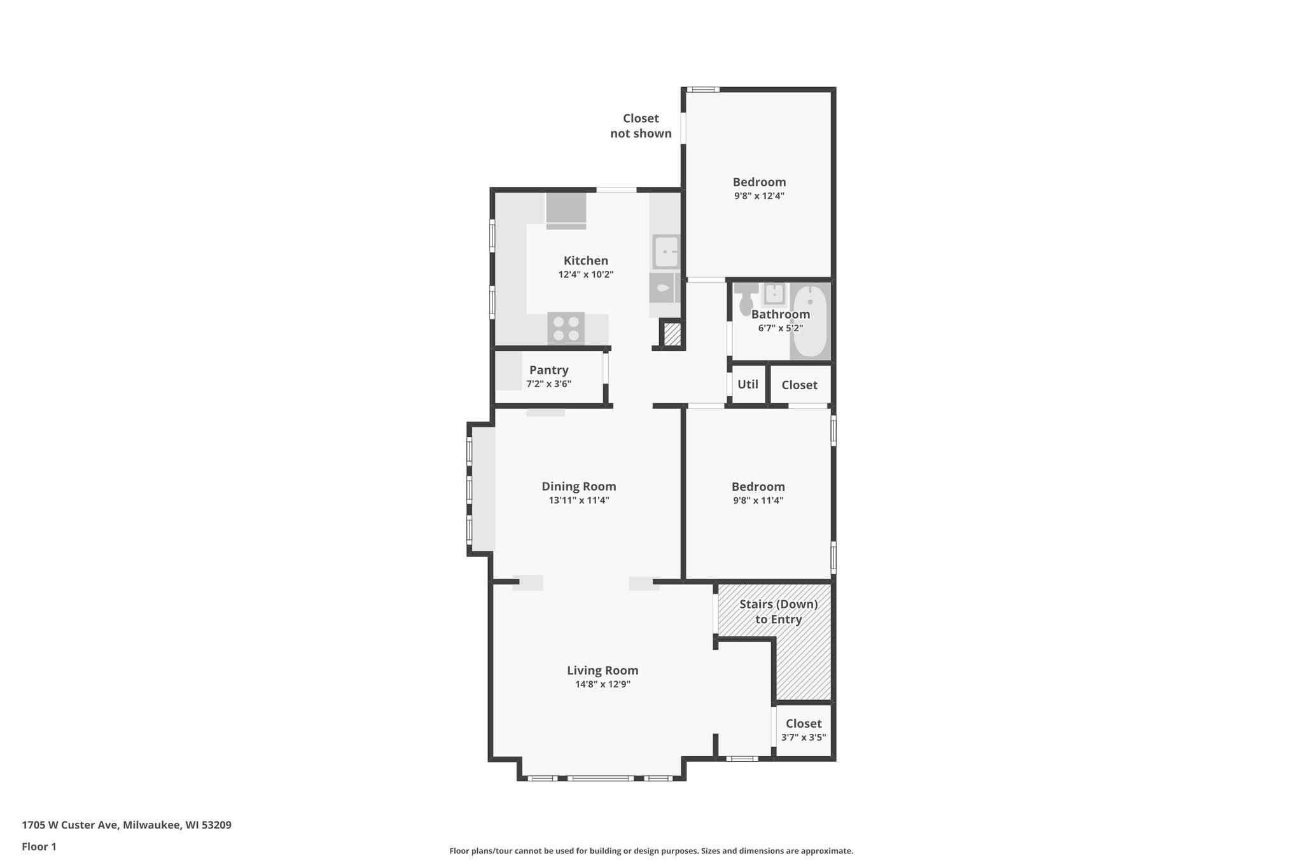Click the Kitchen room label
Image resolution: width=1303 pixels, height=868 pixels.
pyautogui.click(x=585, y=261)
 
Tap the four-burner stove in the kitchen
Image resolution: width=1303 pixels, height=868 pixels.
pyautogui.click(x=566, y=329)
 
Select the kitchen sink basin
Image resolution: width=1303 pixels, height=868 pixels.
pyautogui.click(x=666, y=251)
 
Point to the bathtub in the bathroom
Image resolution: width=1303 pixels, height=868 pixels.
pyautogui.click(x=810, y=321)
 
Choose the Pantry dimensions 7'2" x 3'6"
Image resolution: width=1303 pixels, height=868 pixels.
pyautogui.click(x=548, y=384)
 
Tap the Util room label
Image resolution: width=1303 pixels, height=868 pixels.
pyautogui.click(x=748, y=384)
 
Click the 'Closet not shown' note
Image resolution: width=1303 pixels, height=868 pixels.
pyautogui.click(x=641, y=126)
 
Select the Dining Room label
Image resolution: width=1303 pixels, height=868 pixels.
pyautogui.click(x=578, y=486)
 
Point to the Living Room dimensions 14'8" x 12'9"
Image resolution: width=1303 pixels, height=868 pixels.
pyautogui.click(x=603, y=685)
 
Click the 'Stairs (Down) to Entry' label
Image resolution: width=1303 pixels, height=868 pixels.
pyautogui.click(x=778, y=612)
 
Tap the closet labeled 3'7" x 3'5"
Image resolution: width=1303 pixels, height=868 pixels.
pyautogui.click(x=804, y=730)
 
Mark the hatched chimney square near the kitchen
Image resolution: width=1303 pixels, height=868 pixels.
pyautogui.click(x=672, y=334)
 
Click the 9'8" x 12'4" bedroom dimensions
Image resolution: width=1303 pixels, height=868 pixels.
pyautogui.click(x=759, y=196)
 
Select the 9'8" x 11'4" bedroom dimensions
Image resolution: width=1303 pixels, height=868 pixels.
pyautogui.click(x=758, y=500)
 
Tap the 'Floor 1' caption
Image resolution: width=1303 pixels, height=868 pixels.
pyautogui.click(x=39, y=846)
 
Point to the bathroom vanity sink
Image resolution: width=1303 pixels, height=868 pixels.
pyautogui.click(x=774, y=294)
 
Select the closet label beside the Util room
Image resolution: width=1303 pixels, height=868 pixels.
pyautogui.click(x=799, y=385)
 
